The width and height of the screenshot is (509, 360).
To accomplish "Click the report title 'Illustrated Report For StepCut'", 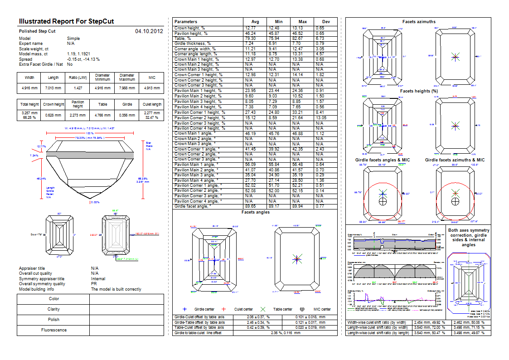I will click(66, 21).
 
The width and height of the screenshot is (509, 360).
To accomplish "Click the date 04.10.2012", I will click(149, 31).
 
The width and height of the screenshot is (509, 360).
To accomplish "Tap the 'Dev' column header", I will click(326, 21).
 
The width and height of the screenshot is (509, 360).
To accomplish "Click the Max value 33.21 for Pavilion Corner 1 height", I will click(302, 112).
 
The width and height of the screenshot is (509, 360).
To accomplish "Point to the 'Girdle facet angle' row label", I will click(193, 206).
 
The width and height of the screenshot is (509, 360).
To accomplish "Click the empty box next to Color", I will click(127, 299).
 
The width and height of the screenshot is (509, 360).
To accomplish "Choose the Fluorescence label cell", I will click(54, 330).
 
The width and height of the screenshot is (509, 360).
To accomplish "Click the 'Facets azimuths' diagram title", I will click(418, 22).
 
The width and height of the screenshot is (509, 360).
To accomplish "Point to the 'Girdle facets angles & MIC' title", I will click(383, 160).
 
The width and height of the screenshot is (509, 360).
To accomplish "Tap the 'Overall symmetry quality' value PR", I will click(94, 284).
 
